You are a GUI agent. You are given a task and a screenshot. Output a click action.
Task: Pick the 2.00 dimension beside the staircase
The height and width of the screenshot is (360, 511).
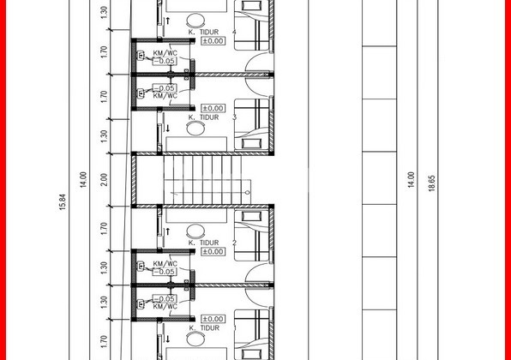(x=102, y=179)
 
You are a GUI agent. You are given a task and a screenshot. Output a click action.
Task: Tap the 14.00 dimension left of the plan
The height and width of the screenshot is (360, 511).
(x=83, y=180)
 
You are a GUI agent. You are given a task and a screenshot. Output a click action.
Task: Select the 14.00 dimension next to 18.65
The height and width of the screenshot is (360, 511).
(x=412, y=180)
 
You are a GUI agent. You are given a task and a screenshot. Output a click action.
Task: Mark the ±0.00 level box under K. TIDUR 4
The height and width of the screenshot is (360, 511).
(x=212, y=39)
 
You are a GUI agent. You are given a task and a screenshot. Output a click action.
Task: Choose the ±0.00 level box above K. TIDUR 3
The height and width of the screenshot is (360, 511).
(x=212, y=108)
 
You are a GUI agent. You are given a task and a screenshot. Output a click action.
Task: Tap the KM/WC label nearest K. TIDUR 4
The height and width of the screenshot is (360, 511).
(x=165, y=54)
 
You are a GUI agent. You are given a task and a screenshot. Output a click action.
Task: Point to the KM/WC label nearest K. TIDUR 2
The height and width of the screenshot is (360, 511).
(x=165, y=264)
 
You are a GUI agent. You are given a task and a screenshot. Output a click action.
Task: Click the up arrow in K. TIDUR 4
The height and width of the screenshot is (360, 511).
(x=168, y=17)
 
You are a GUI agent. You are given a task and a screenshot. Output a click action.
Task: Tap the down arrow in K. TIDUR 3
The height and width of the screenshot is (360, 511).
(x=168, y=129)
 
